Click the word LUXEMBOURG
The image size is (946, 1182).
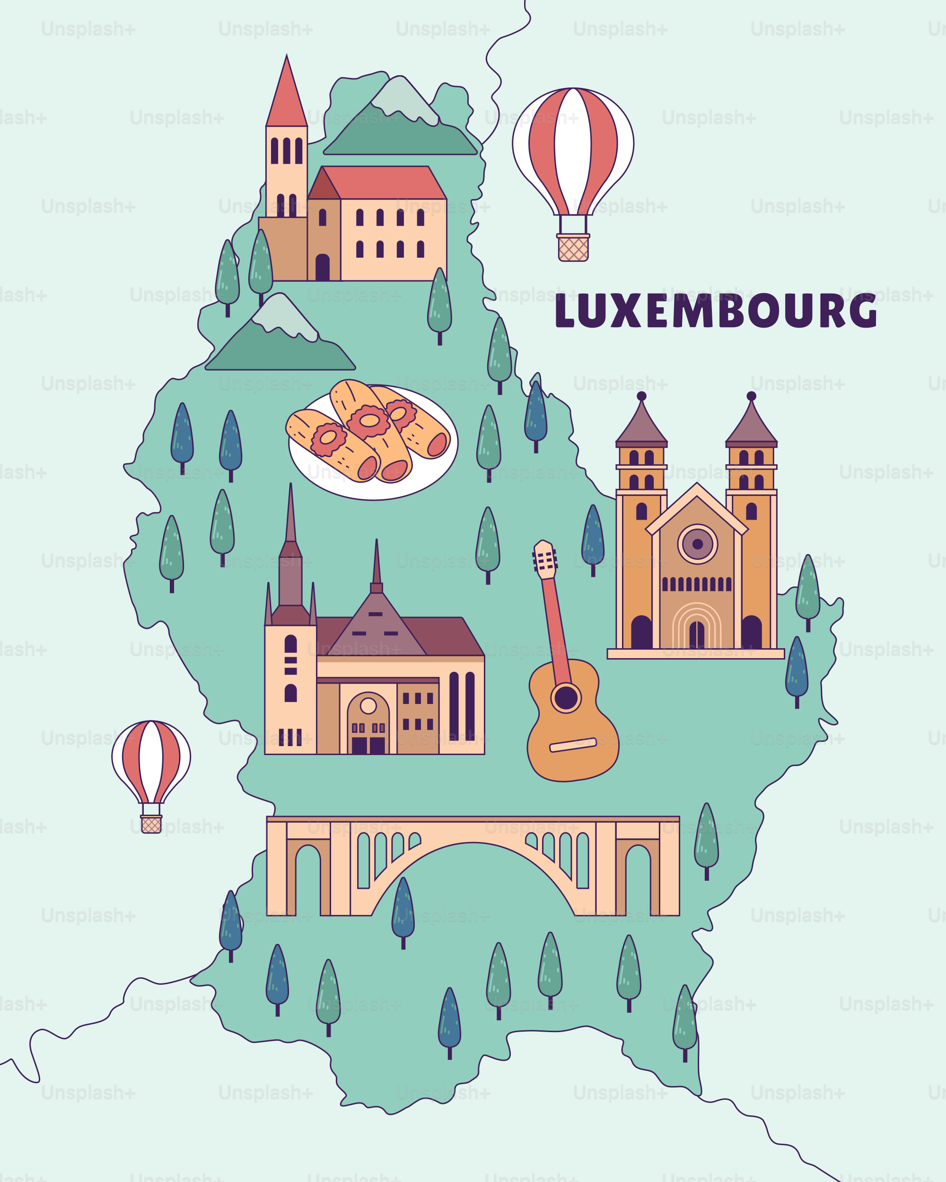(x=716, y=311)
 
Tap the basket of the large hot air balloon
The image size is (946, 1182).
(x=573, y=248)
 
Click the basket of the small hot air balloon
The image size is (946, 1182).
(x=151, y=824)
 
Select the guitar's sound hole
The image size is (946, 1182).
(x=566, y=698)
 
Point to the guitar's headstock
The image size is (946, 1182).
(x=545, y=560)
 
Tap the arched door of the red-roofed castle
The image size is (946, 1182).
(x=323, y=268)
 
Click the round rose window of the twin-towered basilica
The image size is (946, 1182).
(x=697, y=544)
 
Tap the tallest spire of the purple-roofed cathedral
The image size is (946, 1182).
(x=290, y=521)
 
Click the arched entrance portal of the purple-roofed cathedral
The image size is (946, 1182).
(x=368, y=724)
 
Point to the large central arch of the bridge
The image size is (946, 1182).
(x=473, y=877)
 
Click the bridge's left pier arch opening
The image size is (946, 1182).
(x=307, y=880)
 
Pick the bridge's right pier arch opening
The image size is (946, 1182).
(x=638, y=880)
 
